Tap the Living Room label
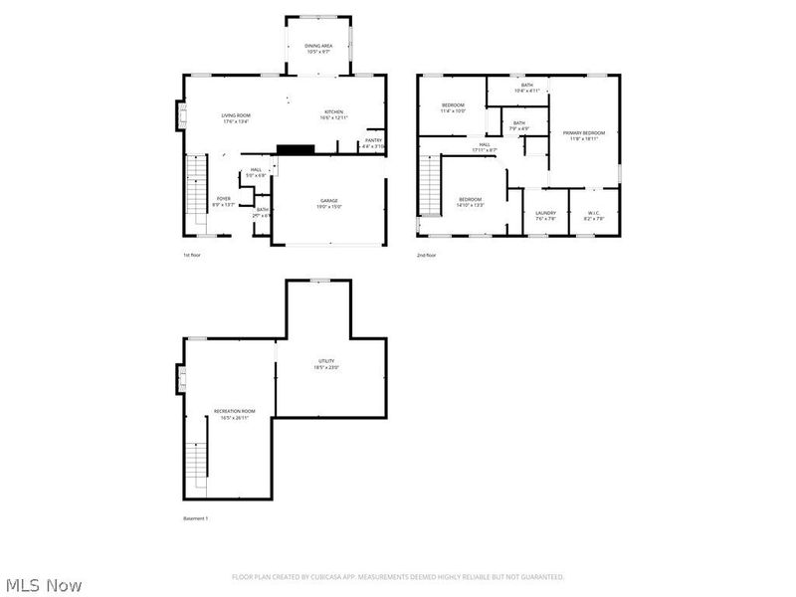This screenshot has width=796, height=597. (x=236, y=117)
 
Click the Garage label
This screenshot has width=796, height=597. (x=329, y=203)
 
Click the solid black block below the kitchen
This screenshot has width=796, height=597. (x=295, y=149)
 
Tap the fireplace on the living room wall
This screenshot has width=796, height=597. (x=180, y=115)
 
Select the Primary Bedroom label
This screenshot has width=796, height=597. (x=584, y=134)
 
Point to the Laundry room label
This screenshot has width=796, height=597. (x=544, y=214)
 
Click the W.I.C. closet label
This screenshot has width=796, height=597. (x=593, y=214)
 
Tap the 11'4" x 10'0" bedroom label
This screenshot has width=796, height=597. (x=453, y=107)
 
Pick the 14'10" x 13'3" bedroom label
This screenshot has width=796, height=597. (x=471, y=202)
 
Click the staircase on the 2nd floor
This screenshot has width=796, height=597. (x=429, y=189)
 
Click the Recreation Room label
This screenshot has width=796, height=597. (x=235, y=414)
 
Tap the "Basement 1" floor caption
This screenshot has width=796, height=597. (x=196, y=519)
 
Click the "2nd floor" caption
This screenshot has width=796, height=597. (x=427, y=256)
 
